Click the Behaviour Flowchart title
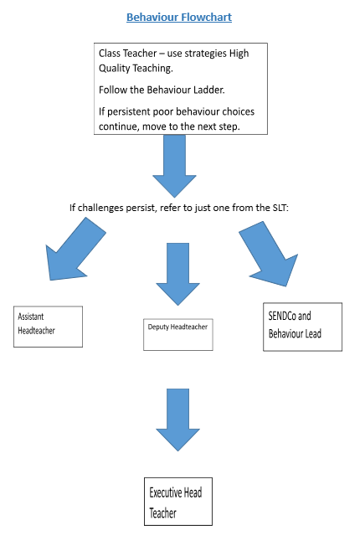click(x=179, y=17)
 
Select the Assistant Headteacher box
click(x=48, y=327)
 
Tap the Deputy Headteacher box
click(x=178, y=335)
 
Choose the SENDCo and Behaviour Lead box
click(x=302, y=327)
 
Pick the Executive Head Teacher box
click(x=178, y=502)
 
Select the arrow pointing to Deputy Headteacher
click(x=177, y=274)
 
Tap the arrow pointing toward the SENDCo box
click(x=270, y=253)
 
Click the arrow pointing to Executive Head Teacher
click(x=177, y=420)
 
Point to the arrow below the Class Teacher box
click(x=174, y=166)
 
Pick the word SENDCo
click(x=282, y=316)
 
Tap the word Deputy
click(x=157, y=327)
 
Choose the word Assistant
click(x=31, y=317)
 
